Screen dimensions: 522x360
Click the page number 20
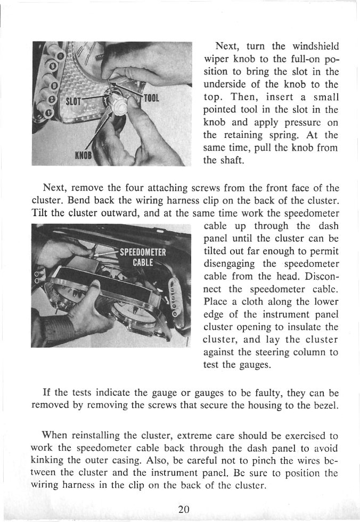tap(184, 508)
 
